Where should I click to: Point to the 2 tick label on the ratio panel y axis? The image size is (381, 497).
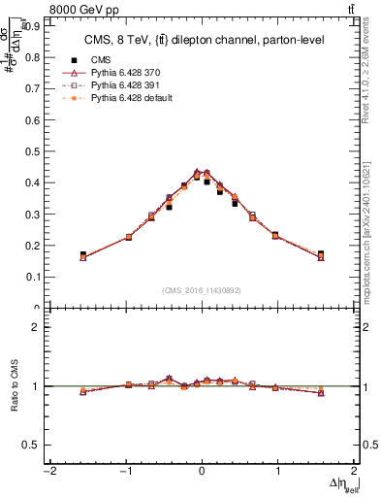point(36,327)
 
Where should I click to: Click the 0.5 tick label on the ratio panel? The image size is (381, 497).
point(31,445)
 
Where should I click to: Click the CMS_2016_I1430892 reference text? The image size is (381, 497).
point(202,290)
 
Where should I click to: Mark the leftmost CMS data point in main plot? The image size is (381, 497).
point(83,254)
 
